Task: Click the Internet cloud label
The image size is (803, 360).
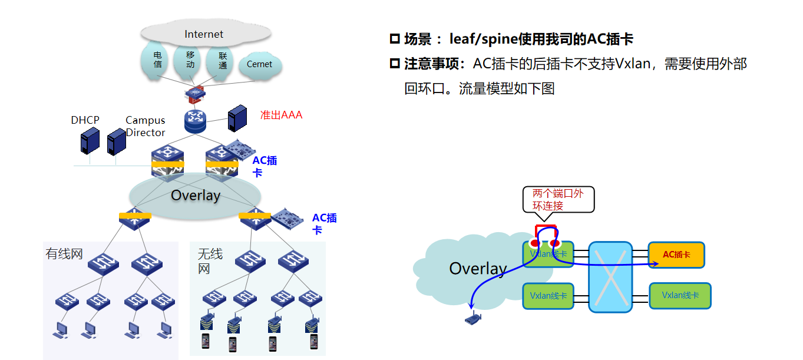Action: click(204, 34)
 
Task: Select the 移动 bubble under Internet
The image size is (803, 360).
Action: click(190, 60)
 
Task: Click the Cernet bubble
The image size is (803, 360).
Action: click(260, 64)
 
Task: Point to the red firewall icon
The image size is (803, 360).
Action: click(194, 93)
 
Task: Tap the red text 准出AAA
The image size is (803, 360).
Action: click(281, 115)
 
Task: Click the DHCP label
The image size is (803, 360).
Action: click(85, 120)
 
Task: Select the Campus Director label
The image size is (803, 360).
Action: click(146, 126)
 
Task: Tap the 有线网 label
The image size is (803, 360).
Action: click(64, 255)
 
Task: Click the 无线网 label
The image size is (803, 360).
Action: click(210, 261)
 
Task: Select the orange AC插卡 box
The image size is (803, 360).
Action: click(676, 255)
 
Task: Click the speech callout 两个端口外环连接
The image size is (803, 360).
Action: click(558, 200)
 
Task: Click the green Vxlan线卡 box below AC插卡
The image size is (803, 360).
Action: click(680, 295)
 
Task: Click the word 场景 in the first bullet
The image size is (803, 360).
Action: click(418, 39)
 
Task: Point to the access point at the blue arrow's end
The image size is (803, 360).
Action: click(472, 319)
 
